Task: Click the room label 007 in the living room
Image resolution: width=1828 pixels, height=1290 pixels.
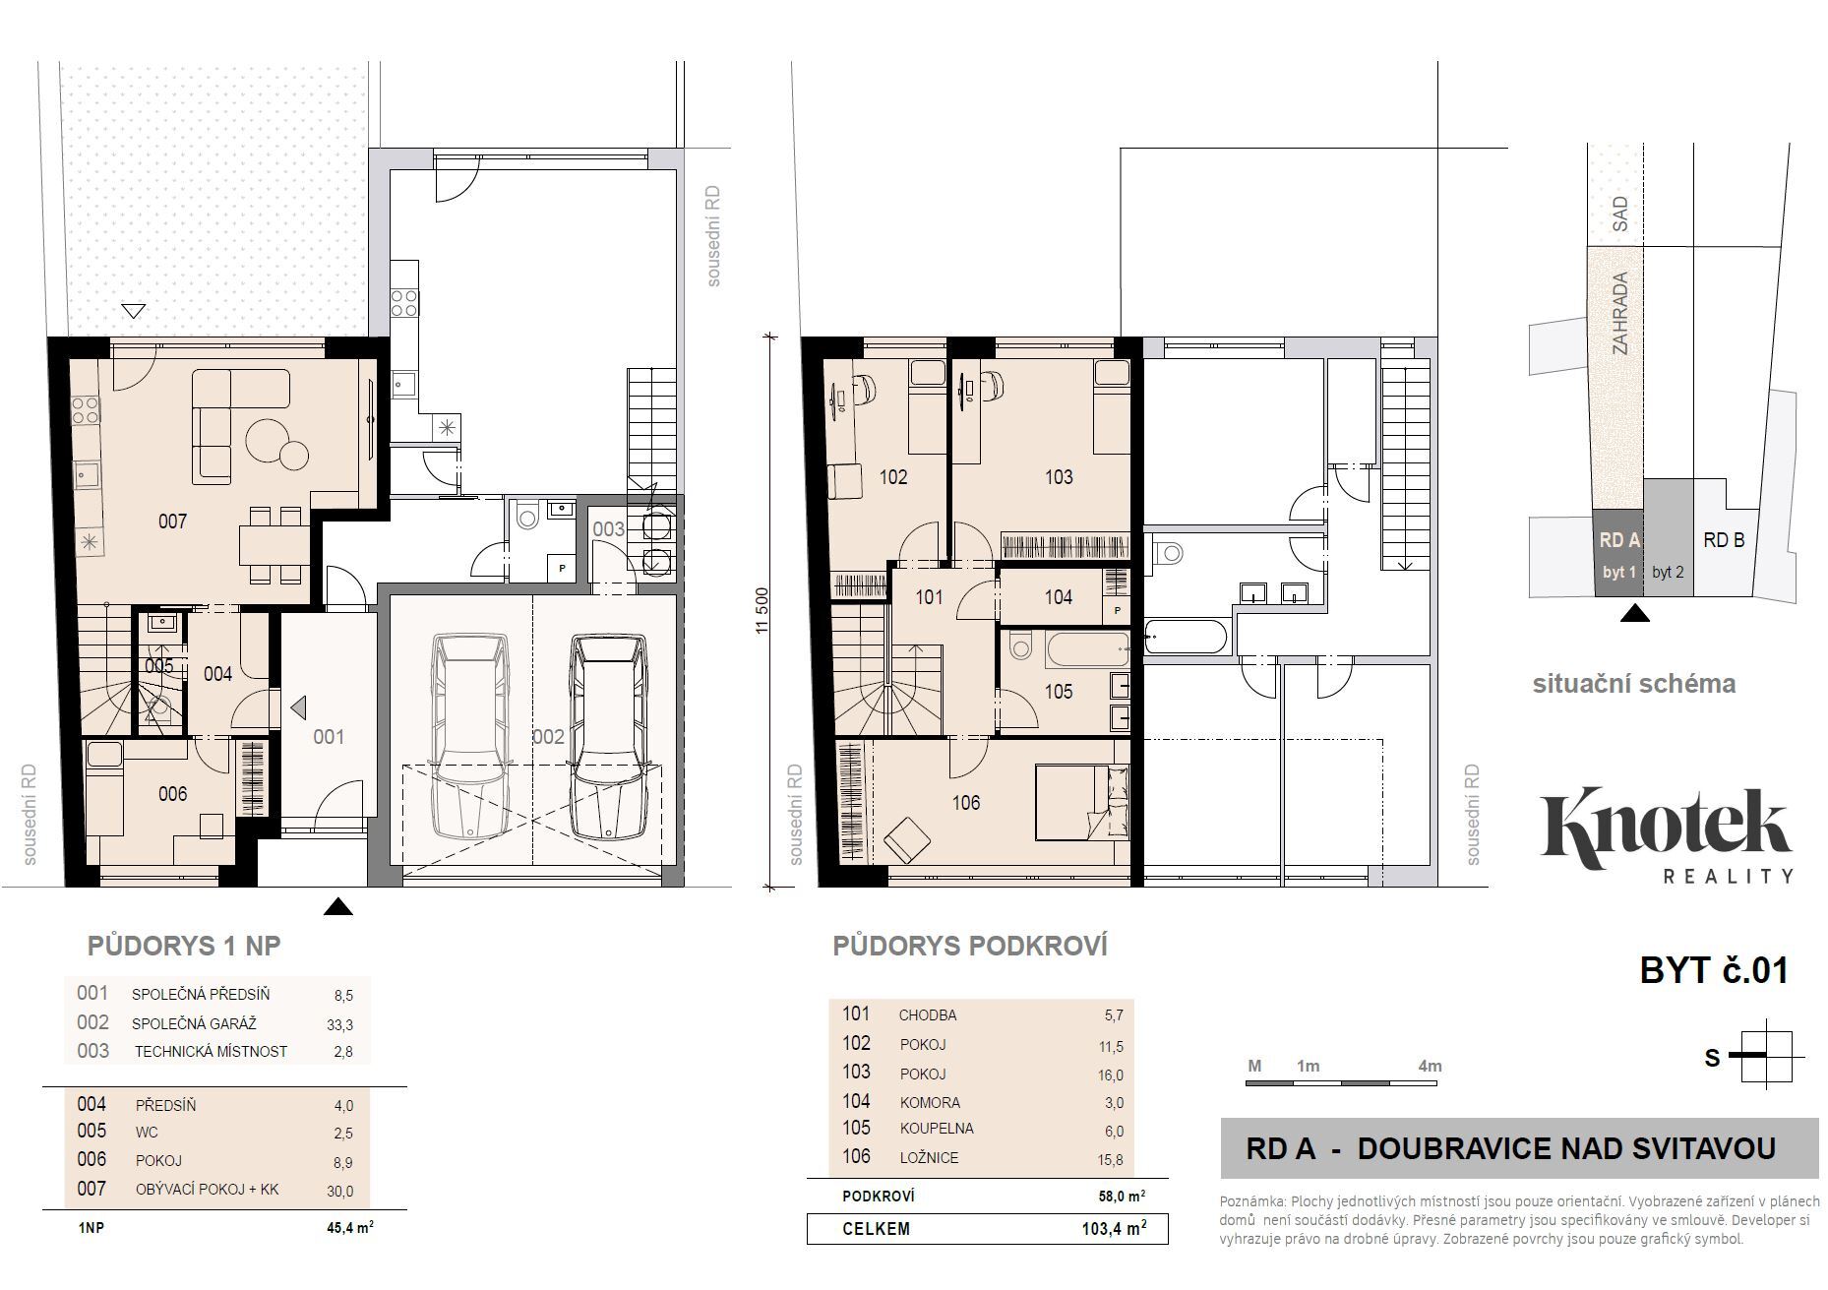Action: pos(172,522)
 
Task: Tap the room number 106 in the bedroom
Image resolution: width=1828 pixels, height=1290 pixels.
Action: pos(966,803)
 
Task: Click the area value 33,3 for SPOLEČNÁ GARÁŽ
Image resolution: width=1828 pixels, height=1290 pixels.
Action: pos(339,1024)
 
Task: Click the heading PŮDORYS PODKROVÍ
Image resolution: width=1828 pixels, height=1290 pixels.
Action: pos(970,947)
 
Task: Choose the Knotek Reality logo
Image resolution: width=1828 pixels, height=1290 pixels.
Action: pos(1666,835)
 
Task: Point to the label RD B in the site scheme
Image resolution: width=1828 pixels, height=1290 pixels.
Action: pos(1724,540)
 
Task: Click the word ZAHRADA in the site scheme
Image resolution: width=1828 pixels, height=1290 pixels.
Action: pos(1619,313)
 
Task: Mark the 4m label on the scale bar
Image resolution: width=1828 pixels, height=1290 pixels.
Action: pos(1430,1066)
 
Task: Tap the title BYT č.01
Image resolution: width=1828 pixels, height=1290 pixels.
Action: pos(1714,971)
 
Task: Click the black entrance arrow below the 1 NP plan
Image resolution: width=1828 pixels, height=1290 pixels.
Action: pos(338,906)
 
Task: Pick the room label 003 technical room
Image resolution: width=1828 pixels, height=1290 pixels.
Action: pos(608,529)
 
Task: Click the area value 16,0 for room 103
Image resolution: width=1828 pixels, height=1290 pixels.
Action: pos(1110,1075)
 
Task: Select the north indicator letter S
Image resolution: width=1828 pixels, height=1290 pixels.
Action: pos(1713,1058)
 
